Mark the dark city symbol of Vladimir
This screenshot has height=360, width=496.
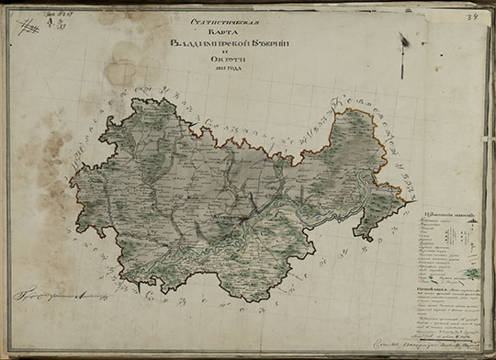click(237, 219)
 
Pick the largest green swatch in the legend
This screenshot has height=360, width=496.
click(471, 273)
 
